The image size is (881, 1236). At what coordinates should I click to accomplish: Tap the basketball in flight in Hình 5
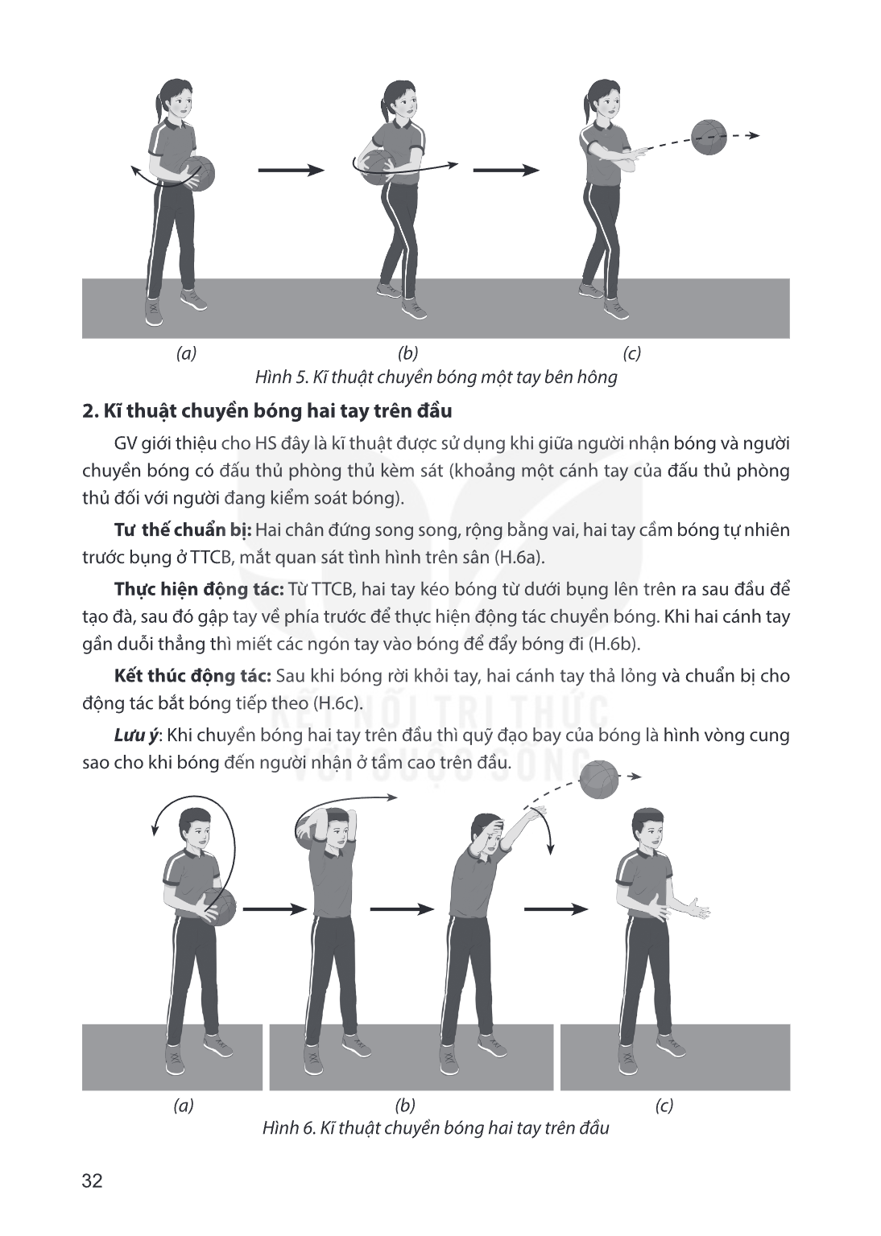[709, 137]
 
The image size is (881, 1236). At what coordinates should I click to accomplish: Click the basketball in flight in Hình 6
[600, 779]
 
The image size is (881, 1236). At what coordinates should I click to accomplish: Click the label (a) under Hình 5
[186, 353]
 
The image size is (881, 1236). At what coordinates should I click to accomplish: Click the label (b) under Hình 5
[407, 353]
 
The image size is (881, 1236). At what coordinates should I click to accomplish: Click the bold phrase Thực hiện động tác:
[199, 589]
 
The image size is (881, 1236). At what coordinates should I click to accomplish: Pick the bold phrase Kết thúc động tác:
[192, 676]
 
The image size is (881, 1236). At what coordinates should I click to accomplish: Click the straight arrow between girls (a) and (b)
[291, 171]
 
